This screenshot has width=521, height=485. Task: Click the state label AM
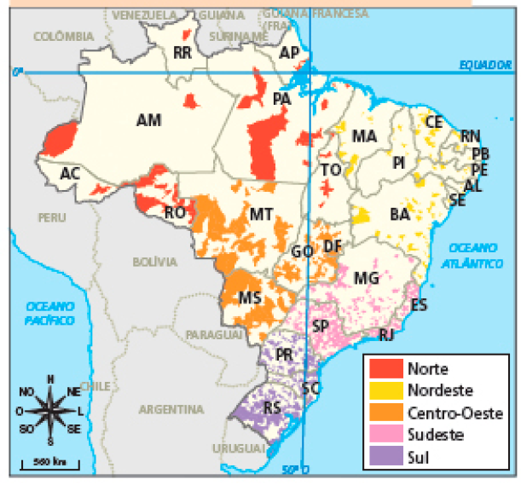[x=148, y=121]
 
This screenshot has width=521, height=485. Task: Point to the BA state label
[x=400, y=214]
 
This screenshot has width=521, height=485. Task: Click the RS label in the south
[x=273, y=407]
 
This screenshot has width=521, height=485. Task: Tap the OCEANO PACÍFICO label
[x=49, y=313]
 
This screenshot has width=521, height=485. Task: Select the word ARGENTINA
[x=171, y=410]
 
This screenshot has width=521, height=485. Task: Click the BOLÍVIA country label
[x=154, y=261]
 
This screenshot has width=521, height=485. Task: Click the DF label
[x=333, y=246]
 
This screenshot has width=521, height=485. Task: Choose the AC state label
[x=70, y=174]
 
